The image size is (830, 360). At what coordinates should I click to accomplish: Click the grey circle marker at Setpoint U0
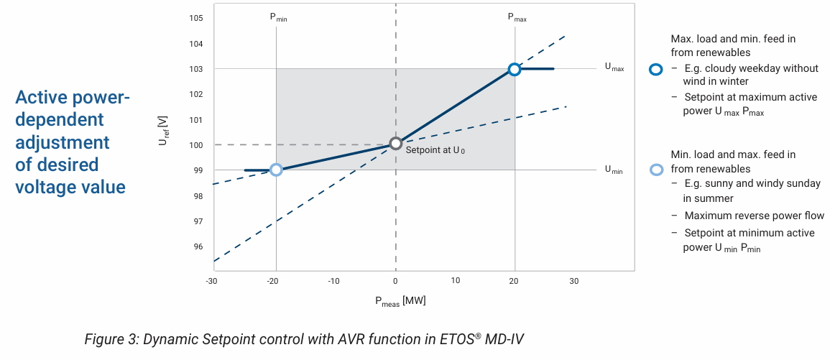[395, 144]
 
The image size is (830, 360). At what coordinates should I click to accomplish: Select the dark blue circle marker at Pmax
[514, 69]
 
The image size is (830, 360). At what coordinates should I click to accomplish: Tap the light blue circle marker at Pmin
[275, 170]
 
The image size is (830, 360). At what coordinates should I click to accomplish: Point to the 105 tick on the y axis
[196, 18]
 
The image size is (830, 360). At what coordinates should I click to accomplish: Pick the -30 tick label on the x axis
[211, 281]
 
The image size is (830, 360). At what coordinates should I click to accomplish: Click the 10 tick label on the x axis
[456, 281]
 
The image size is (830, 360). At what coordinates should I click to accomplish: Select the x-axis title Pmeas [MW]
[400, 301]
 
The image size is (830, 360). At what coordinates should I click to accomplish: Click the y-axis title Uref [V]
[163, 132]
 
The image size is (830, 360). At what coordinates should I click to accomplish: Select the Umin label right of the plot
[613, 170]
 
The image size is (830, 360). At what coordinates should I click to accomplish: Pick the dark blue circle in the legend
[655, 69]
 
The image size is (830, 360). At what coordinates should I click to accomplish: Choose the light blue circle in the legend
[655, 170]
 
